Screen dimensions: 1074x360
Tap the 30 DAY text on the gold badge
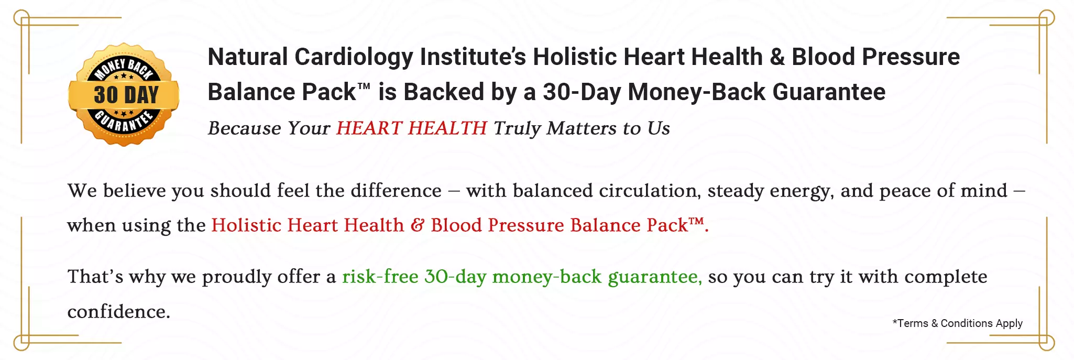coord(126,95)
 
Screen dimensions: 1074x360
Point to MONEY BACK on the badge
coord(124,69)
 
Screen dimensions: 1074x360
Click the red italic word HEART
coord(369,128)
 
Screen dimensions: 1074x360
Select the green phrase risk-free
coord(380,277)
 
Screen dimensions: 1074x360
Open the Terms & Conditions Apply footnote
coord(958,323)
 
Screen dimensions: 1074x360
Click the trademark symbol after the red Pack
coord(696,222)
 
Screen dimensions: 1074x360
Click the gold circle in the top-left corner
coord(21,18)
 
